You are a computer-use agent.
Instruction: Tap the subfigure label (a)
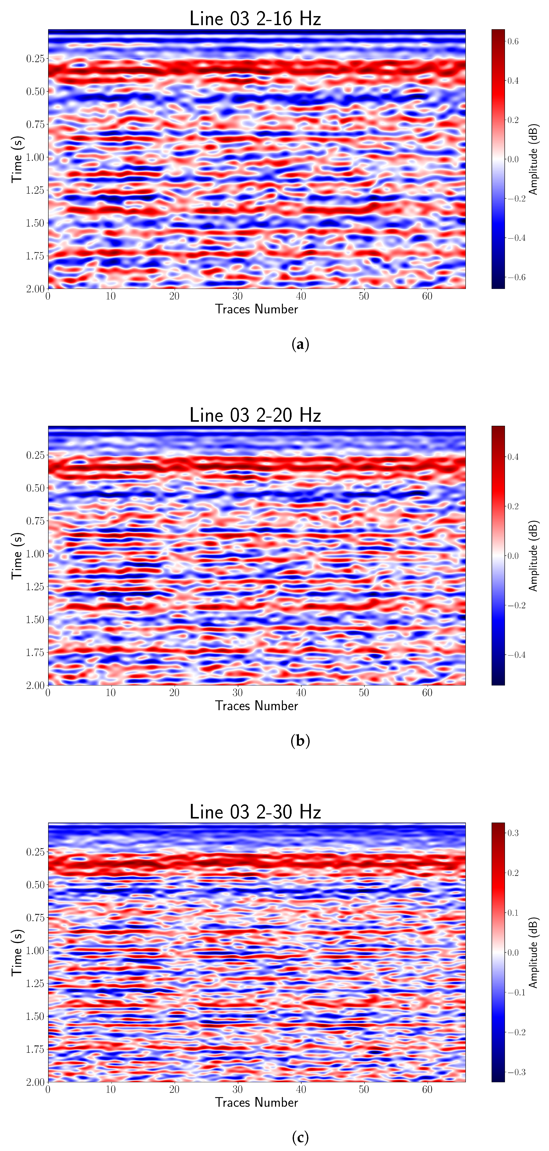click(x=300, y=344)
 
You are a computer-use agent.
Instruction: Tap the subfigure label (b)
click(x=300, y=741)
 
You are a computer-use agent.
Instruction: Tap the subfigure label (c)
click(x=300, y=1138)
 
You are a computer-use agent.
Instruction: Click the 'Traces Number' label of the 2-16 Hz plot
click(x=256, y=309)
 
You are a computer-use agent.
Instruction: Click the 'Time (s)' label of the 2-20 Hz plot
click(x=17, y=555)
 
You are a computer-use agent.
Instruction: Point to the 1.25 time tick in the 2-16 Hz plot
click(x=35, y=190)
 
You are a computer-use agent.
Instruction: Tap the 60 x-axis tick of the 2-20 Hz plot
click(x=427, y=693)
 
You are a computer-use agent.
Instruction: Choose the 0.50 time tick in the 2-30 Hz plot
click(x=35, y=885)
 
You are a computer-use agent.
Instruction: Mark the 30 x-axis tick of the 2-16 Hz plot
click(x=238, y=296)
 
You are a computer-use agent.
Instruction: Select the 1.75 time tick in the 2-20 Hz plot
click(x=35, y=652)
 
